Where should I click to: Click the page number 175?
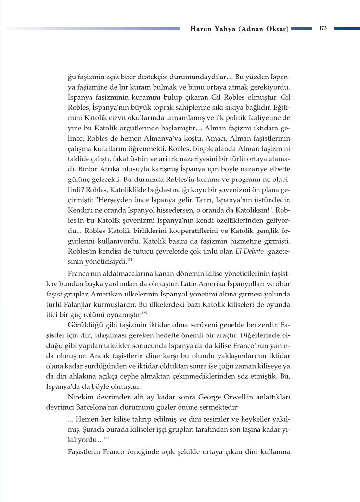click(x=323, y=28)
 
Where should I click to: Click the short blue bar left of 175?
click(x=301, y=28)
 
